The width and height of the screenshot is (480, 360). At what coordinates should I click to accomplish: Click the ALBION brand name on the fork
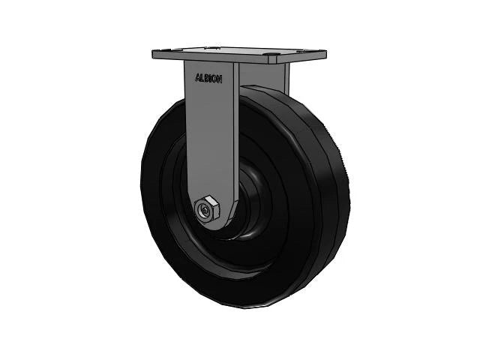coord(208,77)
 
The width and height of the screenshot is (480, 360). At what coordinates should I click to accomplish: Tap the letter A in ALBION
coord(197,77)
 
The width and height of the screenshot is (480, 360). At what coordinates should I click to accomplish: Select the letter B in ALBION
coord(205,77)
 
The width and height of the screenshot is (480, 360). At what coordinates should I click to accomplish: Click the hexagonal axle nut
coord(206,211)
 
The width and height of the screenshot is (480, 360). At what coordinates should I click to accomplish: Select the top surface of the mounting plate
coord(240,52)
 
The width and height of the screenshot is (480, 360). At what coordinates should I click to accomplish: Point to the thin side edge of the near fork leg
coord(235,135)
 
